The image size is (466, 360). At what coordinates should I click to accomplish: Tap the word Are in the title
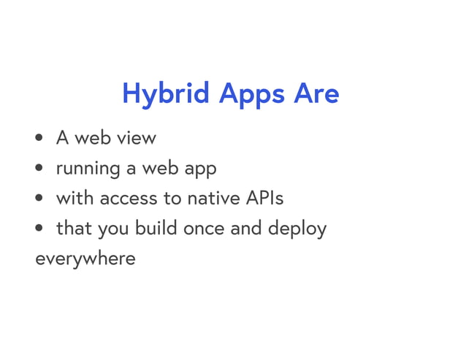[x=316, y=93]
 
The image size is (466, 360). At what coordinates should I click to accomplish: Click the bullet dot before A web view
[x=39, y=138]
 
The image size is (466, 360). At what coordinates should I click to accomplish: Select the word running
[x=88, y=169]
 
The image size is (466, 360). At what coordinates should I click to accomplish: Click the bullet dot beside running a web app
[x=39, y=169]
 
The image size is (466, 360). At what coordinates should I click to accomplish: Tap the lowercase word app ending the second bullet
[x=199, y=169]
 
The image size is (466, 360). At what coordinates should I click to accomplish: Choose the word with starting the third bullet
[x=75, y=198]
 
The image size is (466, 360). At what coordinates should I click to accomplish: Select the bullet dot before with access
[x=39, y=199]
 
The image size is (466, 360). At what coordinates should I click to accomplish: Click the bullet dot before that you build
[x=39, y=229]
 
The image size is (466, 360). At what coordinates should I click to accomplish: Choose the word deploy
[x=298, y=229]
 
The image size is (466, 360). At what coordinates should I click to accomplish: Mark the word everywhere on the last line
[x=85, y=258]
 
